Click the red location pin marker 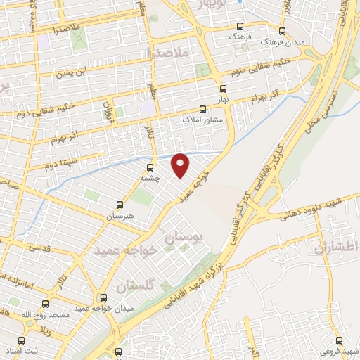[x=181, y=165]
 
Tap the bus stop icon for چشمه [x=150, y=167]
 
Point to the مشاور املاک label [x=202, y=120]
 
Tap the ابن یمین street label [x=75, y=71]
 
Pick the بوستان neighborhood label [x=182, y=239]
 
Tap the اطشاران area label [x=337, y=247]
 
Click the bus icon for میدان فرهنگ [x=282, y=31]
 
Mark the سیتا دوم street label [x=40, y=167]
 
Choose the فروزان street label [x=108, y=111]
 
